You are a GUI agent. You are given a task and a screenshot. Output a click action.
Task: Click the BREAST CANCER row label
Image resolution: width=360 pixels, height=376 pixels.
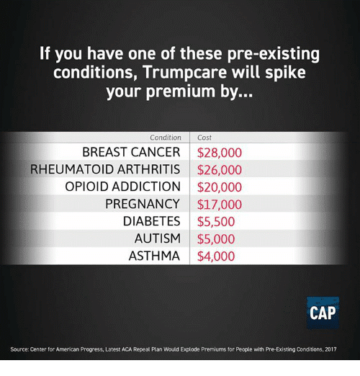131,152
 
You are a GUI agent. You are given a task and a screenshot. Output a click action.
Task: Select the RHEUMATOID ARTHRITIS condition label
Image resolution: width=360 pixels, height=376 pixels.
105,169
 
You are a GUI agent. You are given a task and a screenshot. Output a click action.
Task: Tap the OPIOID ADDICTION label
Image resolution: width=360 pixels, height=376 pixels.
122,187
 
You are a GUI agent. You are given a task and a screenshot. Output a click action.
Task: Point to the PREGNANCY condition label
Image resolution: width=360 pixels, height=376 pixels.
143,204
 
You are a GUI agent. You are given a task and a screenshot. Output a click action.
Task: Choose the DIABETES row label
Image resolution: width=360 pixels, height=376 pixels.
151,221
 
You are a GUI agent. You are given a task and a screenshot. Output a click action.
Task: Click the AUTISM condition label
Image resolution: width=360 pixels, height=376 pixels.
157,238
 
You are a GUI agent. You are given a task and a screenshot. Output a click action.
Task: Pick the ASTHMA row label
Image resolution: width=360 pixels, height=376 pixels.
154,256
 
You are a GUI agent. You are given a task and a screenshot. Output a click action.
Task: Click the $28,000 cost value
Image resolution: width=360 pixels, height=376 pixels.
220,153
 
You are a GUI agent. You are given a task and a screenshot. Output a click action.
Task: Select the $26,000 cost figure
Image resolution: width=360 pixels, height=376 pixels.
220,170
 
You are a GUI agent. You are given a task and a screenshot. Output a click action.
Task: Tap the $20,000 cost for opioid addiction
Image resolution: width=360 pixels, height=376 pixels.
220,187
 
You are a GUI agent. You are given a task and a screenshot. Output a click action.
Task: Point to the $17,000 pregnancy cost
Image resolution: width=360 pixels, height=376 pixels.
220,205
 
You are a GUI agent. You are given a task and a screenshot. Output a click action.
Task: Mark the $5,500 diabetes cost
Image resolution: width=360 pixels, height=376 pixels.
216,222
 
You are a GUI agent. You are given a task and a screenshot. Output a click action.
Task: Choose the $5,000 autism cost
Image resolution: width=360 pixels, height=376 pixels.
216,239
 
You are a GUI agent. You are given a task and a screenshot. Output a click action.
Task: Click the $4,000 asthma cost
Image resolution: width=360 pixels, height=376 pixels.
216,256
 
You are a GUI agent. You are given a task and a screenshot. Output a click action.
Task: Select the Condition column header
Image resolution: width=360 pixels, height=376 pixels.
166,138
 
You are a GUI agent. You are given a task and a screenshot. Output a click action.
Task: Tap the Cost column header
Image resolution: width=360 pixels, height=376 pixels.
204,138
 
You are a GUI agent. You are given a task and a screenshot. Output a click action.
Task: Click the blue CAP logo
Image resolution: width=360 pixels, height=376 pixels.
323,313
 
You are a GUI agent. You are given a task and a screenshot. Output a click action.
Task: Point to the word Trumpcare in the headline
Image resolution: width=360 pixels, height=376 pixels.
185,72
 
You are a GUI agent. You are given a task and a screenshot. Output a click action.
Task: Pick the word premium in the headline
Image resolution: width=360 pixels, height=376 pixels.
181,91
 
